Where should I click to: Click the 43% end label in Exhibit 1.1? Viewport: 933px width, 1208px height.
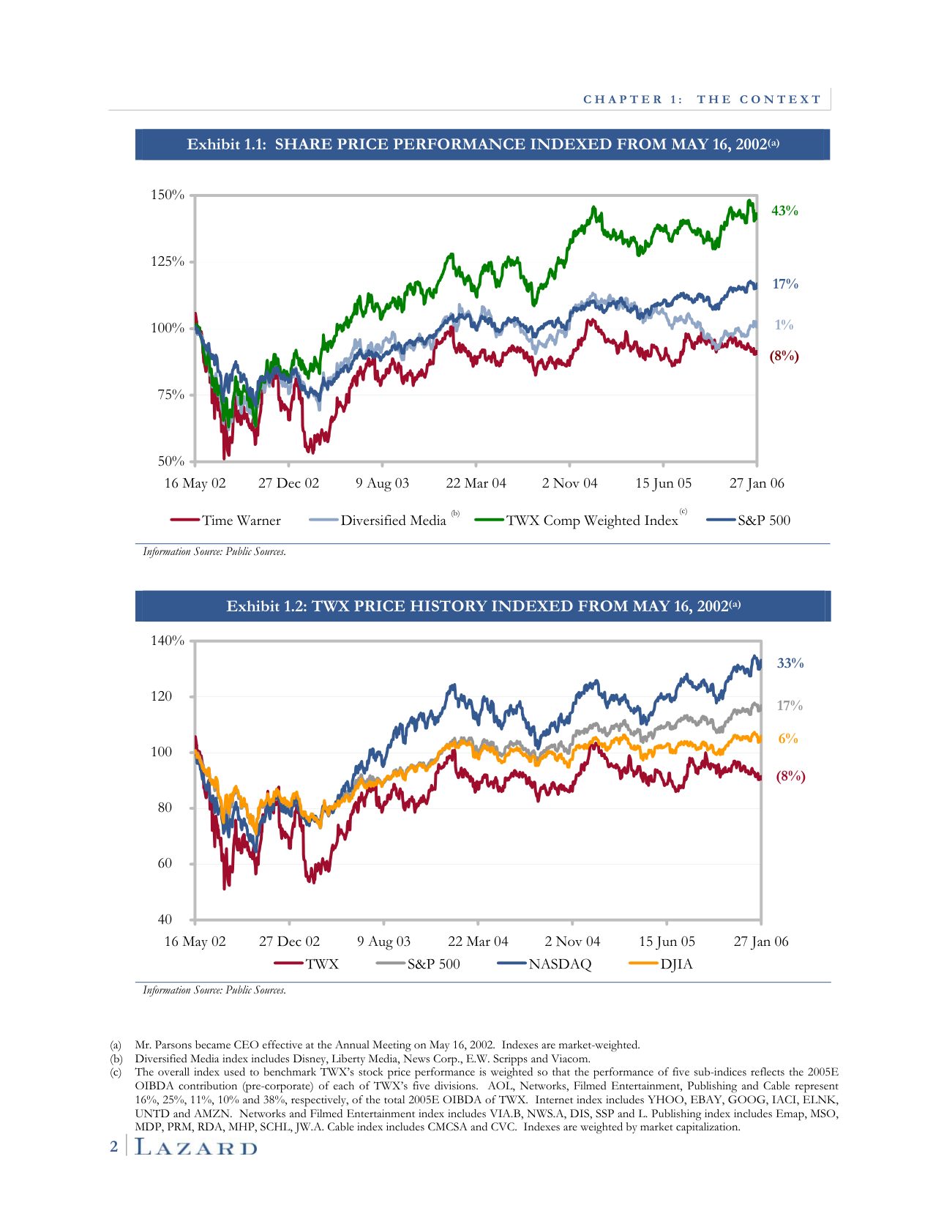pyautogui.click(x=784, y=211)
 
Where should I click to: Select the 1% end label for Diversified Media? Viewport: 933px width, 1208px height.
pyautogui.click(x=784, y=325)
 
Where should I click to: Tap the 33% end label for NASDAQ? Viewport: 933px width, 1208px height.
pyautogui.click(x=790, y=663)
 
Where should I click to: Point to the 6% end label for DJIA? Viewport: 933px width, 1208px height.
pyautogui.click(x=788, y=739)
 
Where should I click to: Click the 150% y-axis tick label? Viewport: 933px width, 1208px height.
pyautogui.click(x=168, y=195)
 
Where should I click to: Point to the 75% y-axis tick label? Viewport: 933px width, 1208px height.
pyautogui.click(x=171, y=395)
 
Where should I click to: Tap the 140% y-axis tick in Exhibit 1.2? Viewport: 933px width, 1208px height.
pyautogui.click(x=168, y=641)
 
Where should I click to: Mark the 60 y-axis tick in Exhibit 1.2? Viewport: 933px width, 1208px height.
pyautogui.click(x=165, y=863)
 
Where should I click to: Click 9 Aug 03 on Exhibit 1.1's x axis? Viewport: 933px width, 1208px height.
pyautogui.click(x=382, y=483)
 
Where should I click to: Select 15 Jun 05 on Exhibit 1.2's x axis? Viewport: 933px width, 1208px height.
pyautogui.click(x=667, y=942)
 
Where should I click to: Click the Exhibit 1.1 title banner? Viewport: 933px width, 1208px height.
pyautogui.click(x=482, y=144)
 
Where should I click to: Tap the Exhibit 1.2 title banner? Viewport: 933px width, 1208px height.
pyautogui.click(x=482, y=606)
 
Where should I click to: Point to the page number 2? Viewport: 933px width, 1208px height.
pyautogui.click(x=113, y=1147)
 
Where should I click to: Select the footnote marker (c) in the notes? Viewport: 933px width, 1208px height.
pyautogui.click(x=116, y=1072)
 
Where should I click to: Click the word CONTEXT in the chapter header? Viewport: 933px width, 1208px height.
pyautogui.click(x=780, y=100)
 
